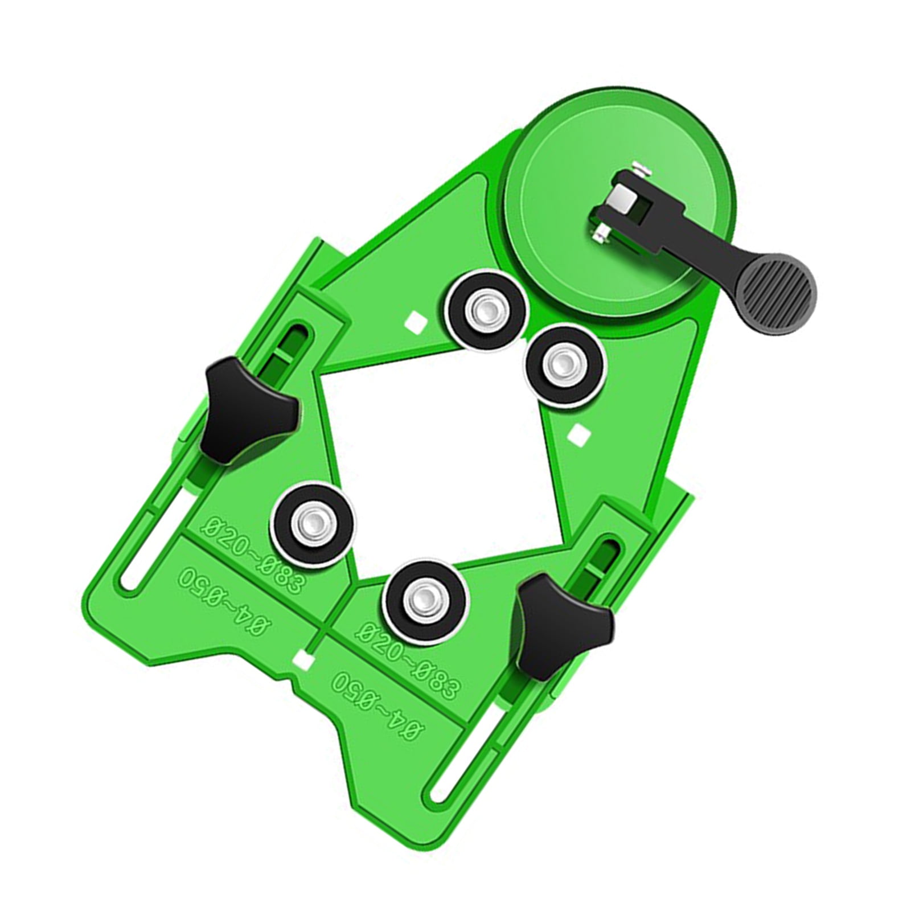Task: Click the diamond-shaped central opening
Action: click(x=438, y=455)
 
